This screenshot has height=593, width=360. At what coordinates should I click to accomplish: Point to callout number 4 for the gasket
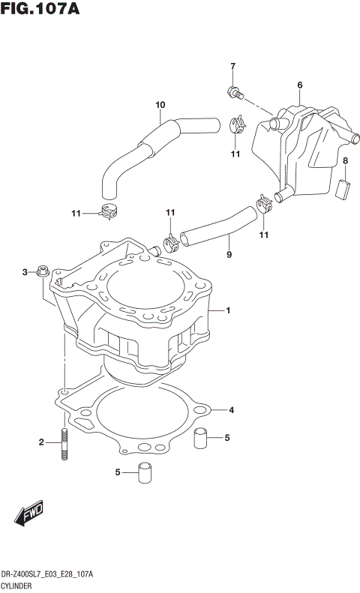point(232,410)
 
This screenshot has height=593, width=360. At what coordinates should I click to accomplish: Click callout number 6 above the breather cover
point(299,85)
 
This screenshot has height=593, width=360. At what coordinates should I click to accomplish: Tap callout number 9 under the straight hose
point(229,255)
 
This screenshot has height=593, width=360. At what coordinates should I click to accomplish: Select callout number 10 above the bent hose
point(159,104)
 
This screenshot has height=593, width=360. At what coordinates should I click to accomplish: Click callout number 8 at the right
point(345,161)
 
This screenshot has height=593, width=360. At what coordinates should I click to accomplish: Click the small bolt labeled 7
point(235,94)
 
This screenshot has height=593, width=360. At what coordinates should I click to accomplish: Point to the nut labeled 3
point(43,271)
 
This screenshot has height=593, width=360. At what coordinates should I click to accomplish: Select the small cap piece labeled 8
point(345,187)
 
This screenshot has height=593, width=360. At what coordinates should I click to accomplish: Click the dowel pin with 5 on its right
point(200,438)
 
